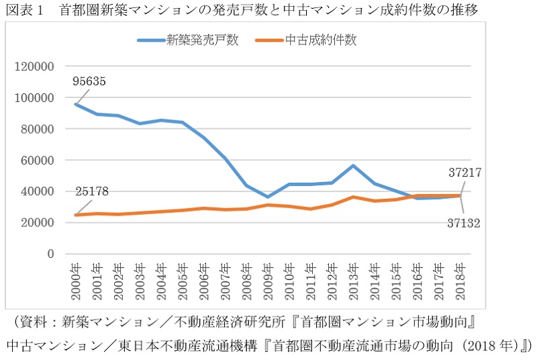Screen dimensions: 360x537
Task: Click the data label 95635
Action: [91, 82]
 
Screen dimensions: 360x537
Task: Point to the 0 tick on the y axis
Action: [50, 254]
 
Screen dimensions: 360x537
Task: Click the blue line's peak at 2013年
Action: [354, 165]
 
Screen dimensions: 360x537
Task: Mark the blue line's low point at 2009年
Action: [268, 197]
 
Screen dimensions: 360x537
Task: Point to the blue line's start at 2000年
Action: [75, 104]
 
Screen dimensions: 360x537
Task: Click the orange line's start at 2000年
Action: [75, 215]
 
